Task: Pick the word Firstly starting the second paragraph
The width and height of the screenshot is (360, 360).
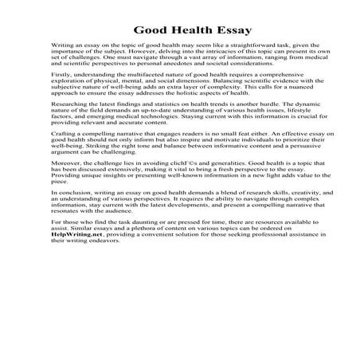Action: click(60, 94)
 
